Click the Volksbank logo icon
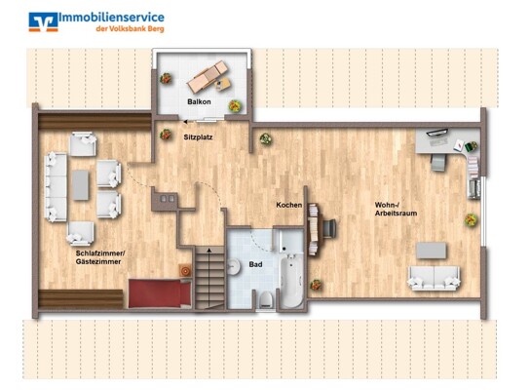pyautogui.click(x=41, y=20)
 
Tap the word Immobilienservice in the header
pyautogui.click(x=111, y=18)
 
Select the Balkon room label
pyautogui.click(x=199, y=100)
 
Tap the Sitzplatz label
pyautogui.click(x=198, y=137)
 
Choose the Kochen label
pyautogui.click(x=288, y=205)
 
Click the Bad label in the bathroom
pyautogui.click(x=255, y=264)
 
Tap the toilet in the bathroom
pyautogui.click(x=266, y=298)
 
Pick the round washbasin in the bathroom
pyautogui.click(x=235, y=267)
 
